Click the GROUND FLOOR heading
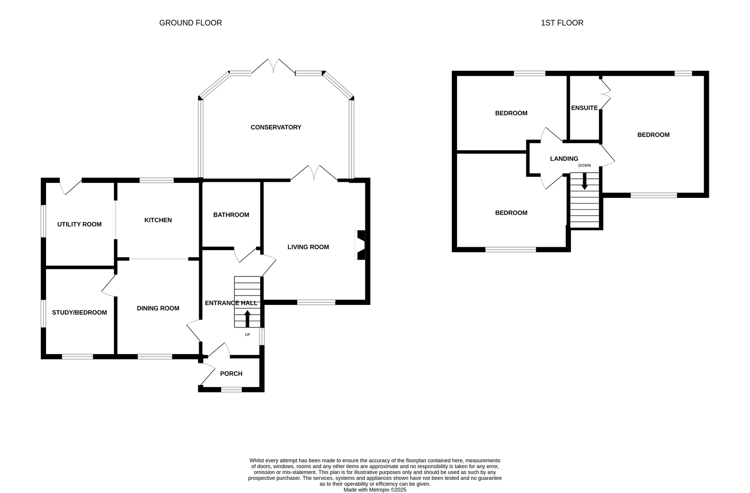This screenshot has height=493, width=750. click(190, 23)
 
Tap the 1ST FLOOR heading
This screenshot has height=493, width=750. click(562, 23)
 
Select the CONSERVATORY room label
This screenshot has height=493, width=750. click(276, 128)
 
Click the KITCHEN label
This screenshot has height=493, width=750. click(158, 220)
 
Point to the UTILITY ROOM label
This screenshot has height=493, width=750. click(79, 225)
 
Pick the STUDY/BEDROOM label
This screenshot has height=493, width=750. click(79, 313)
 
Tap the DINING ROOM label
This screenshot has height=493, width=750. click(158, 308)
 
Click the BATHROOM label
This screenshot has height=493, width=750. click(231, 215)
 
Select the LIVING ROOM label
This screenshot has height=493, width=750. click(308, 247)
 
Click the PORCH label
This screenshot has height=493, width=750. click(231, 374)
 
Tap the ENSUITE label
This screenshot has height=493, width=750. click(584, 108)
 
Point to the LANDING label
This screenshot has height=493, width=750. click(564, 159)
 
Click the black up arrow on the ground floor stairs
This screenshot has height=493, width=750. click(247, 319)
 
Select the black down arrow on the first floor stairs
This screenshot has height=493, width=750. click(584, 182)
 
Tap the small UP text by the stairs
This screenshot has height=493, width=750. click(247, 334)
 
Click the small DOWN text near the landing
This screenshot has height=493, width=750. click(585, 166)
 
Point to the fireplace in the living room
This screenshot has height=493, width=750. click(360, 245)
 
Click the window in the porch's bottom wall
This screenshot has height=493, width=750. click(232, 389)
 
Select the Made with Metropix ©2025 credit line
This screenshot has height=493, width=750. click(375, 490)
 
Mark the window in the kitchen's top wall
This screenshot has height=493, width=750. click(157, 180)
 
